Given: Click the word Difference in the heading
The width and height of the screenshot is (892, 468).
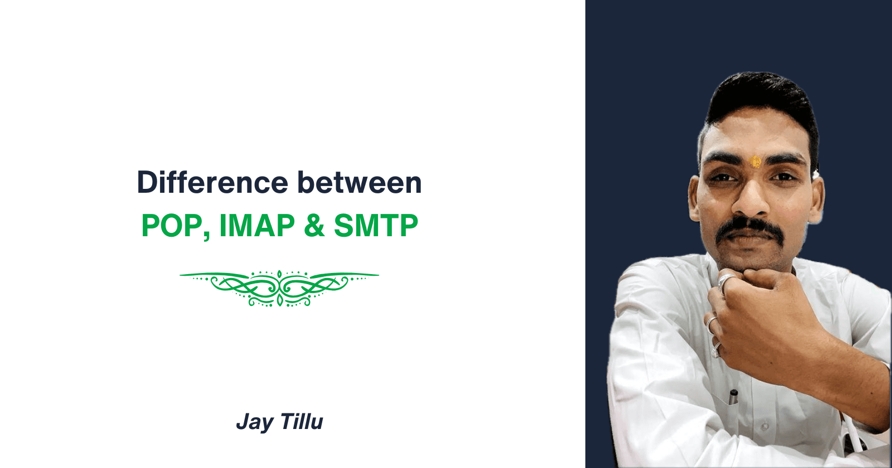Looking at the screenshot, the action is point(212,182).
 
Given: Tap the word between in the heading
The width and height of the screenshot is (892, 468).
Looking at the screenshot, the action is point(359,182).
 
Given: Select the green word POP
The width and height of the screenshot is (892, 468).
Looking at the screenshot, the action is point(172,225).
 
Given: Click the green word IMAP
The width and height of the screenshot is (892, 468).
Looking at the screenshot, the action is point(257,225).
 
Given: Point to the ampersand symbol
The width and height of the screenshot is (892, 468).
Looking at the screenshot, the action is point(314,225).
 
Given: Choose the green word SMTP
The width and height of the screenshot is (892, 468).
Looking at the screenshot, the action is point(376,225).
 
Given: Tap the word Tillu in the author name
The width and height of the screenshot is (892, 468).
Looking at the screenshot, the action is point(302,421).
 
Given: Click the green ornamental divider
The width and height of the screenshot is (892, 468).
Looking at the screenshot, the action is point(279,288).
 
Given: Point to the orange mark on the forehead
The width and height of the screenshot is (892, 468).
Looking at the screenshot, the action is point(755,161).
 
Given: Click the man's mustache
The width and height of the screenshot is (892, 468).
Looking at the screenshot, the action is point(749,231).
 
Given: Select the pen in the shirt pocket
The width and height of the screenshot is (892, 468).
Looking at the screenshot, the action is point(733,398).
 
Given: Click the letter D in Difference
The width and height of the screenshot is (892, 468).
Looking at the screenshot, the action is point(147,183).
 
